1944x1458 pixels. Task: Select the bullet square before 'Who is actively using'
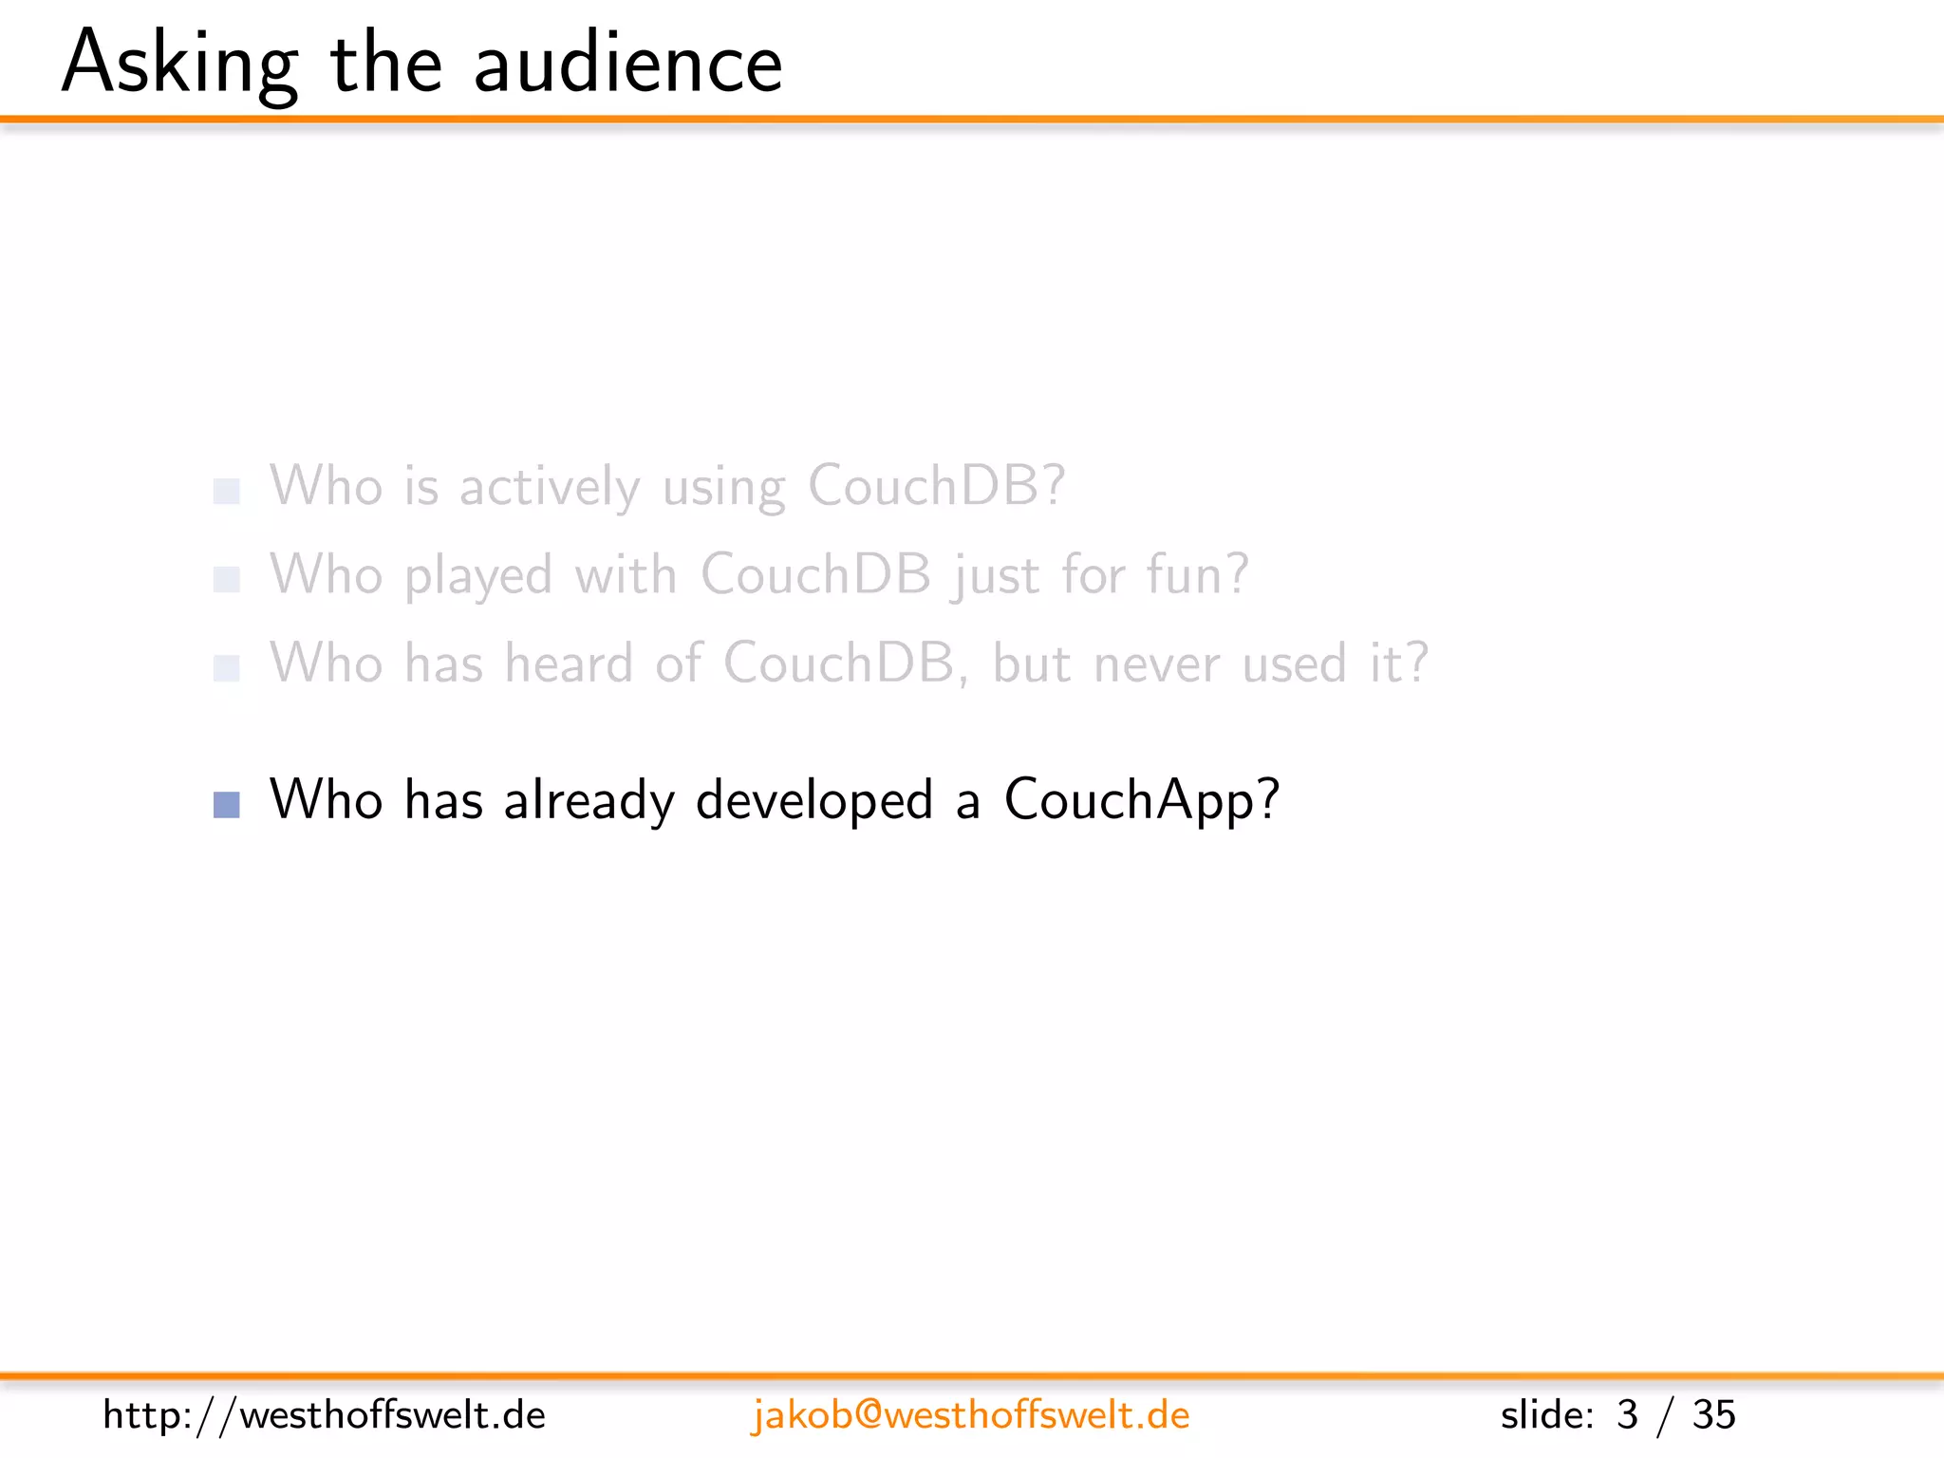tap(227, 491)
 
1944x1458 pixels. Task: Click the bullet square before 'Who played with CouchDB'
tap(227, 579)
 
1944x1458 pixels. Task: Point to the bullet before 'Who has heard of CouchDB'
tap(227, 668)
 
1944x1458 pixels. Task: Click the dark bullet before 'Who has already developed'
tap(227, 805)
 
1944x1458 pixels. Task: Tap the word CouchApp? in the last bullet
tap(1142, 800)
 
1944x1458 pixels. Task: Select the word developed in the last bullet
tap(814, 800)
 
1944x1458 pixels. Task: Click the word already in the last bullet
tap(589, 800)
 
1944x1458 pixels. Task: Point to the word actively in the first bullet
tap(550, 487)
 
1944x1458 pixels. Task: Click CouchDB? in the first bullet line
tap(937, 486)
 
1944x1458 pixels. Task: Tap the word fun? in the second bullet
tap(1197, 575)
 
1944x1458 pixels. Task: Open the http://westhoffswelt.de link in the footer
tap(324, 1415)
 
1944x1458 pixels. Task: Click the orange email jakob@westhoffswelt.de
tap(970, 1415)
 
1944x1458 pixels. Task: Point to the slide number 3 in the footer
tap(1627, 1415)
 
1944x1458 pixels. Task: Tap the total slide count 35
tap(1713, 1415)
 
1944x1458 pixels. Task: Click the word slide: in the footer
tap(1547, 1415)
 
